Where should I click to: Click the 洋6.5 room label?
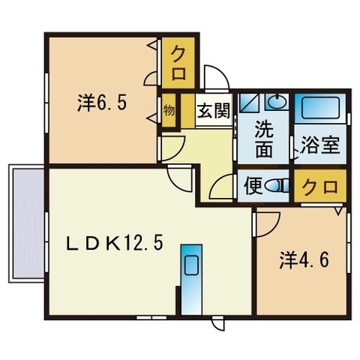point(102,103)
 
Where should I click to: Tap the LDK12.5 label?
point(115,243)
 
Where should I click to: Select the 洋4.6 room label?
point(304,260)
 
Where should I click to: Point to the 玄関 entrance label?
point(213,111)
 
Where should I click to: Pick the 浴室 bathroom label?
point(320,145)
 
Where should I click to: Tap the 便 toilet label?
point(253,186)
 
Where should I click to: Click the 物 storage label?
point(169,110)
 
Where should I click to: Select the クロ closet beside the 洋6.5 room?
point(178,63)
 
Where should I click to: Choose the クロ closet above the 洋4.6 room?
point(320,187)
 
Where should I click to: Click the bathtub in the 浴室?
point(320,108)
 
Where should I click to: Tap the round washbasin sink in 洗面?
point(277,102)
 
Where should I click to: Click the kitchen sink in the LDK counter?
point(191,265)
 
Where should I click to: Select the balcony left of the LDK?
point(26,223)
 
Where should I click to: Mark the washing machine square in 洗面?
point(250,103)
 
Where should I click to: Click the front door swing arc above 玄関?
point(217,78)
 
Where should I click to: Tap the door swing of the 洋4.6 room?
point(267,224)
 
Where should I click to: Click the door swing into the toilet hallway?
point(222,187)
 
